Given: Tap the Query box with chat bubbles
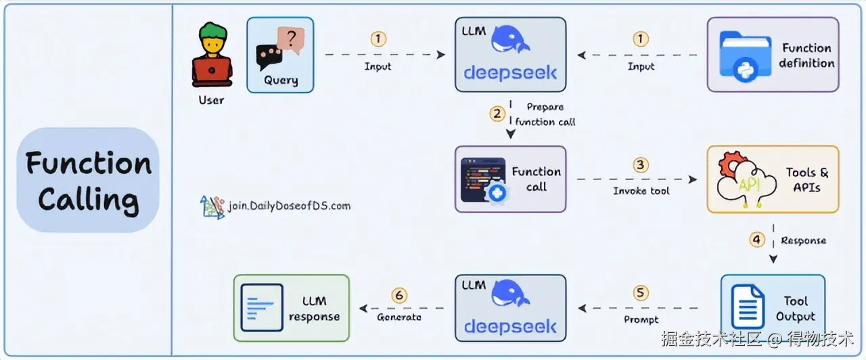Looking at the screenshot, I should (280, 55).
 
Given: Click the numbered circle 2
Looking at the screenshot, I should (497, 114).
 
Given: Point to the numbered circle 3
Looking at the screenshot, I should (640, 165).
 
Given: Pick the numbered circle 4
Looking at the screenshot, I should (757, 240).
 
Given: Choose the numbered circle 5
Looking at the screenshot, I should (640, 294).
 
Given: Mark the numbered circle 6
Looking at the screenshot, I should (399, 295).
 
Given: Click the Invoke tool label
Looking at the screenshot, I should (641, 191).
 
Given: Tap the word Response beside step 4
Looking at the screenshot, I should (803, 240).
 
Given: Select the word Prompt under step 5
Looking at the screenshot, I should (640, 319).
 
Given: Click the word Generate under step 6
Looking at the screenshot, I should (399, 317).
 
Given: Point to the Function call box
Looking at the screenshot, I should (510, 179).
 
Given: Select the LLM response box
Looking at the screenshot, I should (291, 308).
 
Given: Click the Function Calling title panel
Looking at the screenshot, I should (88, 181).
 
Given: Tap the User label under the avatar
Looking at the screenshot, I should (211, 100).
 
